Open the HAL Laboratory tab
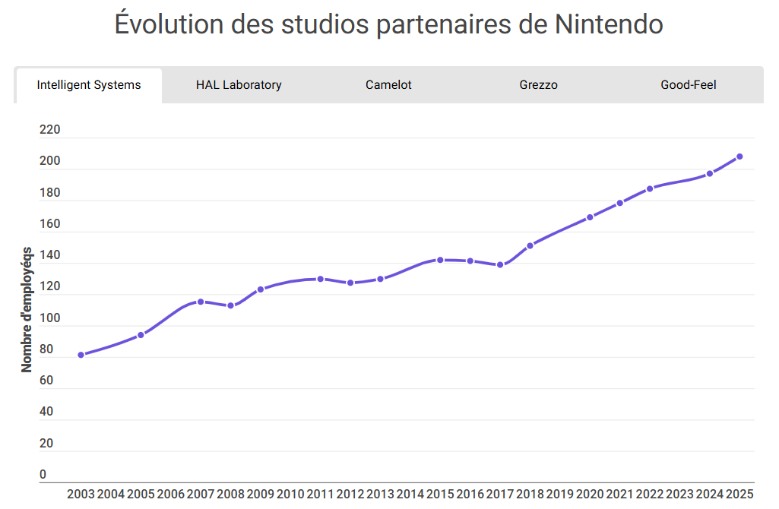point(239,85)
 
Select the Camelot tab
point(388,85)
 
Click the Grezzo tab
point(538,85)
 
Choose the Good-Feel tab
point(688,85)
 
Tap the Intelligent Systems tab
point(89,85)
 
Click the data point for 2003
point(81,355)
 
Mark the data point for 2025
point(739,156)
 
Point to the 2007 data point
point(201,302)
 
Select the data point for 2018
point(530,245)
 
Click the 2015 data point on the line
point(440,260)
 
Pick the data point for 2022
point(650,188)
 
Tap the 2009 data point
point(260,289)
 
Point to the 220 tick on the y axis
point(49,130)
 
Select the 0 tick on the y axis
point(43,475)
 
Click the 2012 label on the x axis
point(350,495)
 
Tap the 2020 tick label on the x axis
point(590,495)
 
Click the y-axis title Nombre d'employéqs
point(27,309)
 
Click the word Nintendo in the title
point(610,24)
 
